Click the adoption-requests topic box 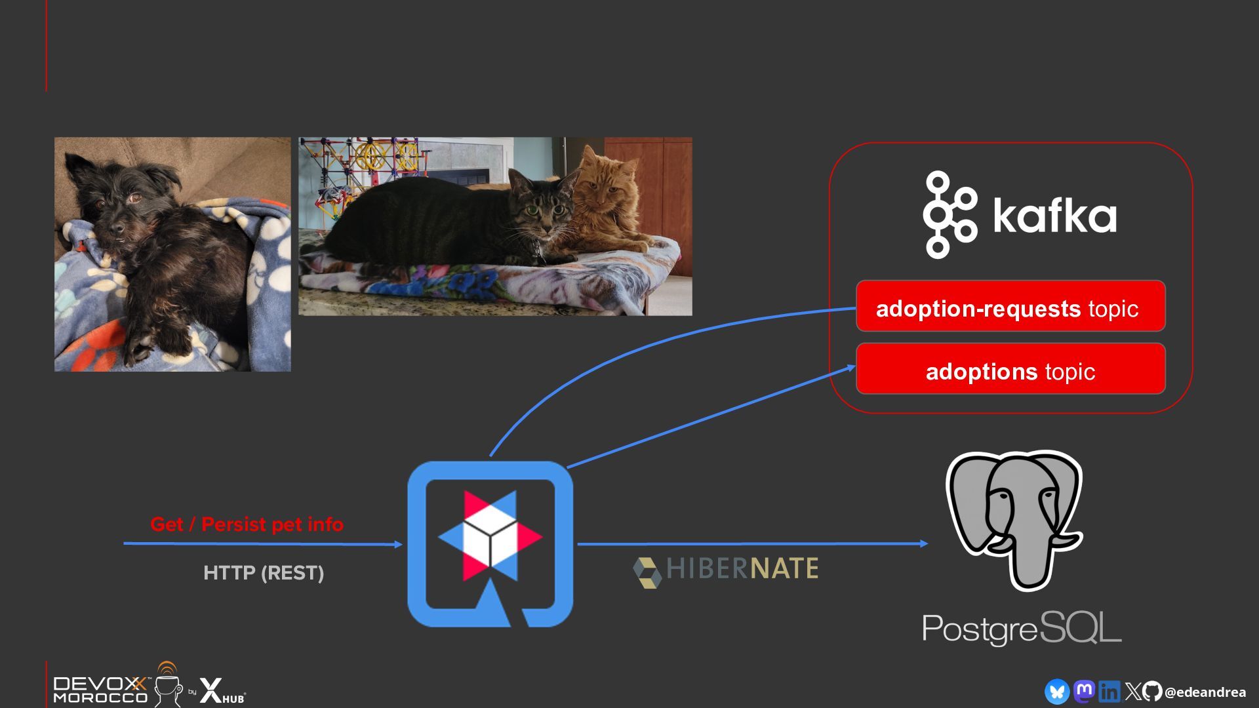click(x=1010, y=307)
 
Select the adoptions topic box click(x=1010, y=369)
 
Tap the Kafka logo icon click(x=949, y=215)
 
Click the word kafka click(x=1054, y=215)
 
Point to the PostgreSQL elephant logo click(x=1014, y=518)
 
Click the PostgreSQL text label click(x=1021, y=629)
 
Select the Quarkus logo click(x=490, y=543)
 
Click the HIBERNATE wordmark click(x=742, y=569)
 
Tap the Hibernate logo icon click(x=647, y=572)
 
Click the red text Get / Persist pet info click(x=247, y=524)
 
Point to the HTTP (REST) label click(x=264, y=573)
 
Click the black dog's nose click(x=117, y=227)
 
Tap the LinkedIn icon click(x=1109, y=692)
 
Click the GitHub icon click(x=1152, y=692)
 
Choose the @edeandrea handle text click(x=1205, y=692)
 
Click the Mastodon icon click(x=1084, y=692)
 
